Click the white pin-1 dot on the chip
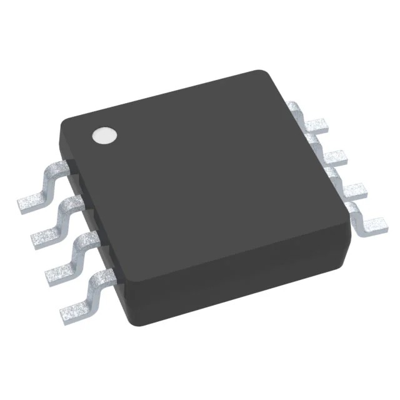coord(104,136)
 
